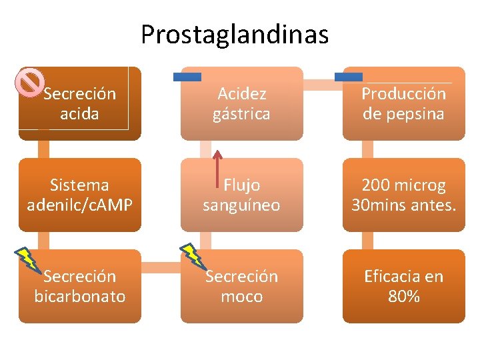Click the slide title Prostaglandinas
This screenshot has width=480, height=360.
pos(235,35)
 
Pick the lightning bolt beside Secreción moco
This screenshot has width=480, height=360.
pos(193,257)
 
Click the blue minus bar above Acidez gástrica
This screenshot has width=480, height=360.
pos(187,77)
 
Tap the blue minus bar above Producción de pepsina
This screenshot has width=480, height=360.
pos(349,77)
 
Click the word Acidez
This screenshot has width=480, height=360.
pos(241,94)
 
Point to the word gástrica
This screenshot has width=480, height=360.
pos(241,114)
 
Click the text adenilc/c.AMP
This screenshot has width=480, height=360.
pos(80,205)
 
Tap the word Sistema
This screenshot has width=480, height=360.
pos(80,185)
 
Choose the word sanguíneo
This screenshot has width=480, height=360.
pos(241,205)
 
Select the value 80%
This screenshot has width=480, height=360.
pos(404,297)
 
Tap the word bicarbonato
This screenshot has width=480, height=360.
pos(80,297)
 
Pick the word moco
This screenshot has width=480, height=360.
pos(241,297)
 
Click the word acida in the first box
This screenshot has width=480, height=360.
pos(80,114)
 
